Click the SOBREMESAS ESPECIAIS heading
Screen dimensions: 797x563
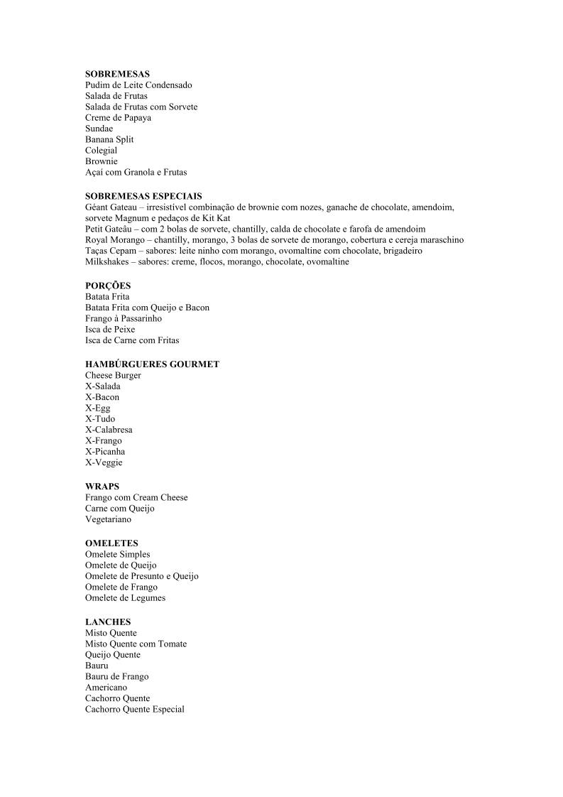tap(143, 196)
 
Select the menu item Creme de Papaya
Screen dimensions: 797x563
tap(118, 118)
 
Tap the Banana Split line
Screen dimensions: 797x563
tap(109, 139)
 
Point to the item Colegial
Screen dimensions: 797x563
tap(102, 151)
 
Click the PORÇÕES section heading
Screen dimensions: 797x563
tap(108, 286)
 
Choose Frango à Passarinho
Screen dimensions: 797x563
tap(124, 319)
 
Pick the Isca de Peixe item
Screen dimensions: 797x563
tap(110, 330)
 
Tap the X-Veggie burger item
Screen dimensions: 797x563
tap(104, 462)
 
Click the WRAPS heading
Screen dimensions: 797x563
tap(102, 487)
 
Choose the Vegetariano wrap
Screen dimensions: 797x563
tap(108, 519)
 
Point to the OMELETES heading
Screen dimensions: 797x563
tap(111, 543)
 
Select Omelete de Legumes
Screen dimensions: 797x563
tap(125, 598)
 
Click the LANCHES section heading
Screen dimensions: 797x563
tap(108, 622)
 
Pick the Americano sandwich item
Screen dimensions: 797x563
tap(106, 688)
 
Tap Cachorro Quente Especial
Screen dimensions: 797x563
tap(135, 709)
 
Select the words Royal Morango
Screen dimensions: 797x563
tap(112, 240)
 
